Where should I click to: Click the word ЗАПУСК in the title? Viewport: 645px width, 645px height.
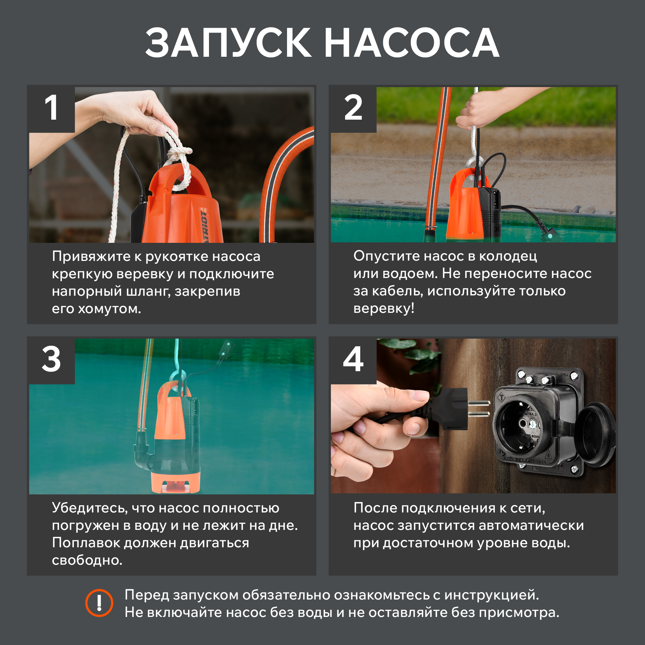[228, 43]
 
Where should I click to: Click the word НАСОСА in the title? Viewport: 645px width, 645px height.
[412, 43]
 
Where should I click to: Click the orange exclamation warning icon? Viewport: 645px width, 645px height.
[99, 603]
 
